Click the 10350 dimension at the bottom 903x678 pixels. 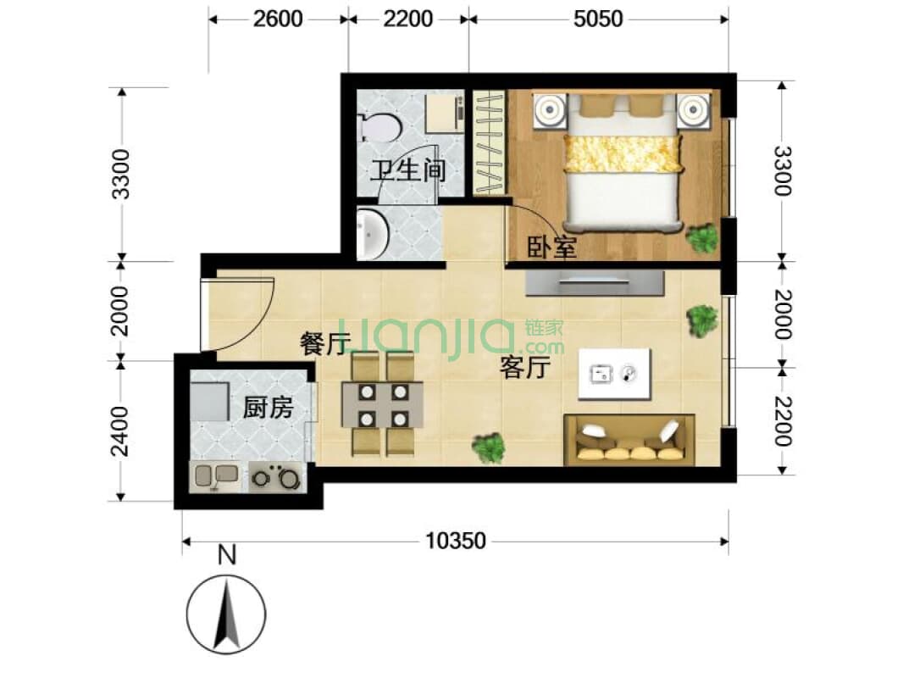456,541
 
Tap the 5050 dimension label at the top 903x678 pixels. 597,18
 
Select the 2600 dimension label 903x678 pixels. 277,18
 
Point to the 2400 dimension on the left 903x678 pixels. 121,431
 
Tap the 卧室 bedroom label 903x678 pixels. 552,247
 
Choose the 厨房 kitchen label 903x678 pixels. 268,408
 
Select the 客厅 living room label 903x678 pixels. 525,367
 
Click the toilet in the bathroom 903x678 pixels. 379,128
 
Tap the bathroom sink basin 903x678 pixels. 372,234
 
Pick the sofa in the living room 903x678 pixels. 629,440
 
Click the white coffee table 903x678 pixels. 615,374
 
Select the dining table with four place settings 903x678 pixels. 382,404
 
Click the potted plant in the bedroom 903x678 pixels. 702,238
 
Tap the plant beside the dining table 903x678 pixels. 489,447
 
